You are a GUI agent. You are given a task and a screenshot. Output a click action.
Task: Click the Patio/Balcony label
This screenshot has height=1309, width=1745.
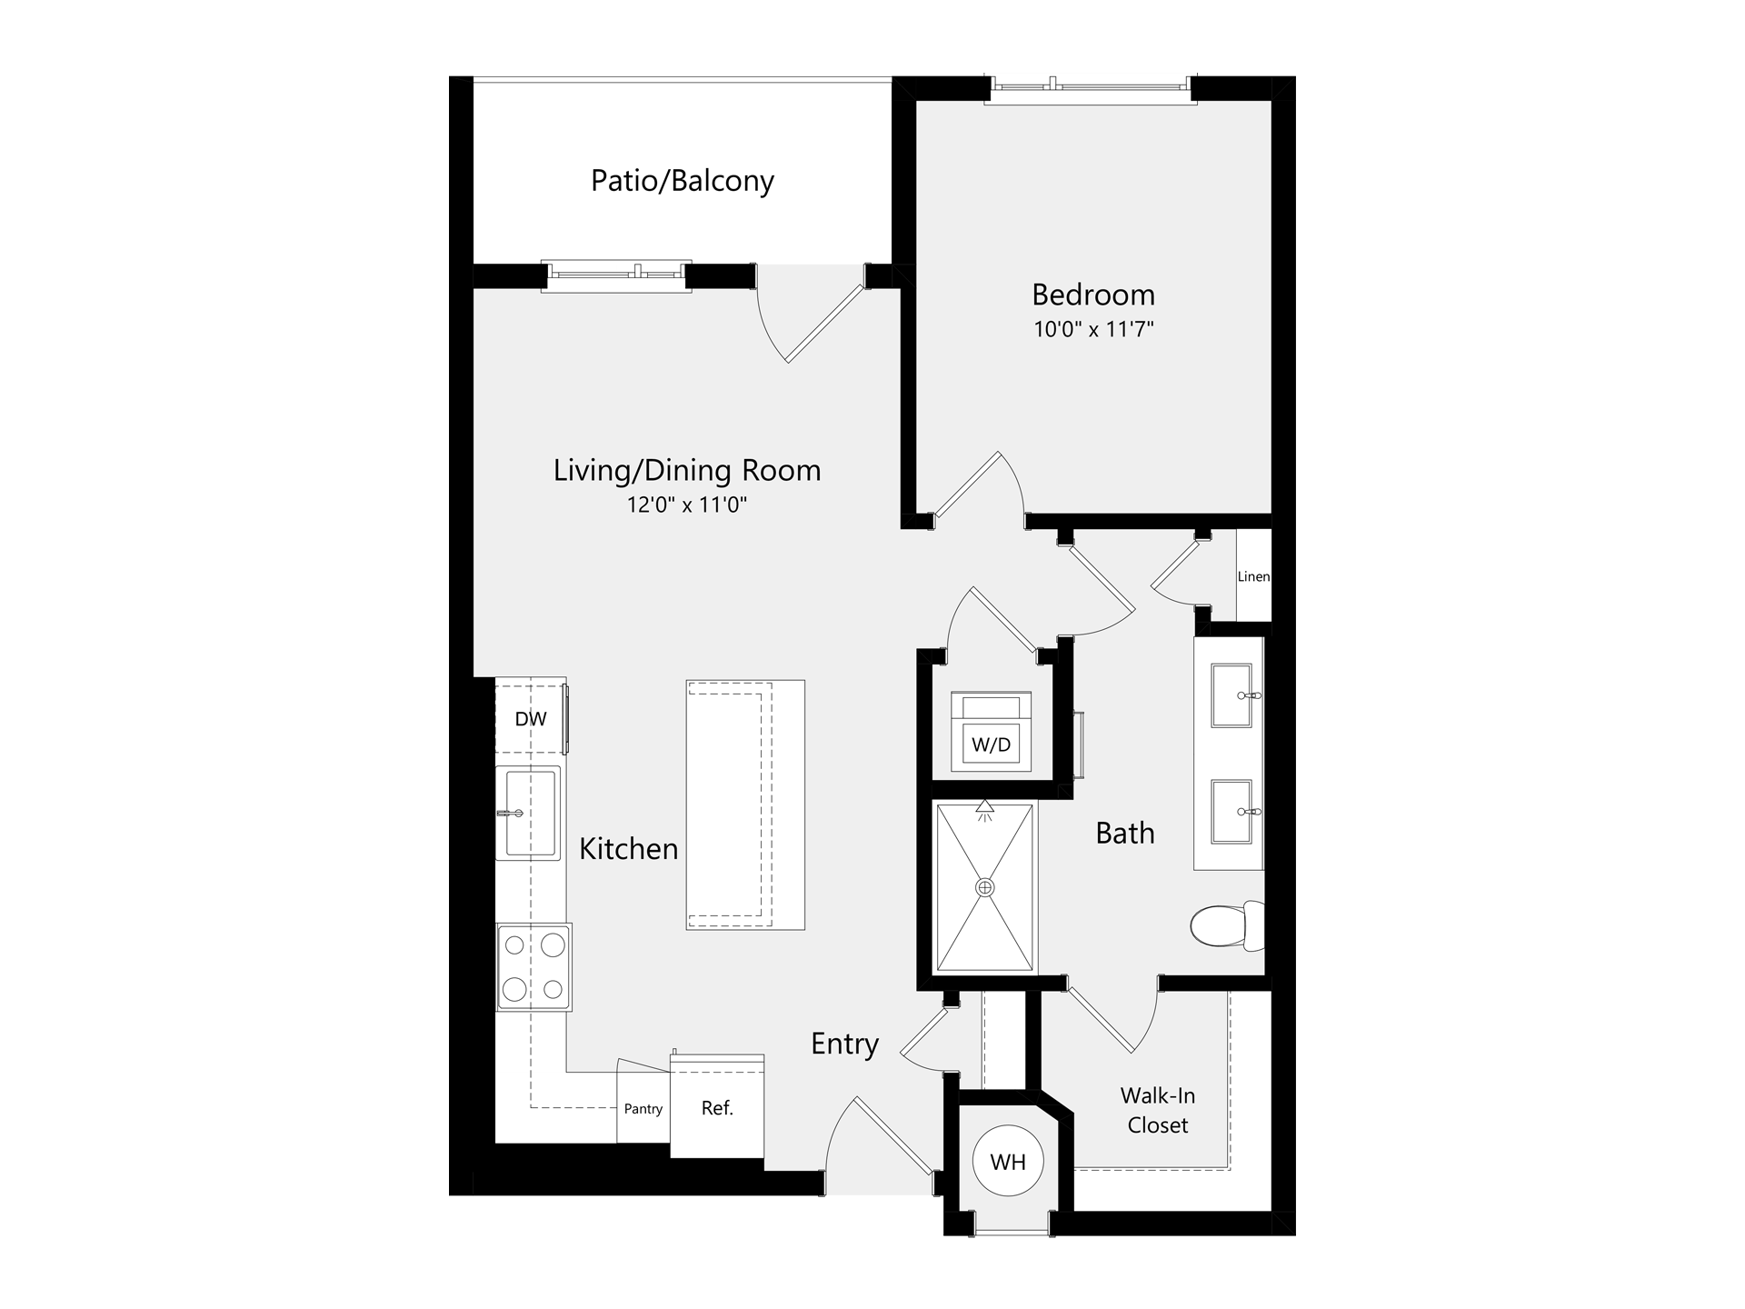[x=682, y=181]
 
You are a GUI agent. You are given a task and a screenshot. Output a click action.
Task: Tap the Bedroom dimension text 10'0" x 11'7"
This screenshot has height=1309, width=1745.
[x=1093, y=329]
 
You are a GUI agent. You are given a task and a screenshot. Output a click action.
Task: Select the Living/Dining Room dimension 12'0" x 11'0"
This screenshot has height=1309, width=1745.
[x=686, y=505]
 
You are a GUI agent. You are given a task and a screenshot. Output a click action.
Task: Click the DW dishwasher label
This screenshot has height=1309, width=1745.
[x=531, y=719]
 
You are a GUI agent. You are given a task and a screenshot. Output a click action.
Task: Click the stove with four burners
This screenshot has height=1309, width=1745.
[x=533, y=967]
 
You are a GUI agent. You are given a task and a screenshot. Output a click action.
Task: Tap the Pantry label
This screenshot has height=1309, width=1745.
[x=643, y=1109]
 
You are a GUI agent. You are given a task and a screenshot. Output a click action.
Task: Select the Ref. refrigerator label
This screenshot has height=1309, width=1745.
[x=717, y=1108]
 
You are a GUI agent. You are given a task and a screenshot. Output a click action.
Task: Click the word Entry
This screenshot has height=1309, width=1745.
[x=844, y=1044]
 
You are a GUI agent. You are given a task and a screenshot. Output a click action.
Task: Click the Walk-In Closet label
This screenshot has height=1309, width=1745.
[x=1158, y=1110]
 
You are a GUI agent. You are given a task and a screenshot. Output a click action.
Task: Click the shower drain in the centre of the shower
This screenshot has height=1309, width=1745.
[x=985, y=887]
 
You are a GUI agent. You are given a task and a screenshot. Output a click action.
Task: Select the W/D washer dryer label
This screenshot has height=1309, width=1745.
[x=991, y=745]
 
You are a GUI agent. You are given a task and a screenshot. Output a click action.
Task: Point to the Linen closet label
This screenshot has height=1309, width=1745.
[x=1253, y=576]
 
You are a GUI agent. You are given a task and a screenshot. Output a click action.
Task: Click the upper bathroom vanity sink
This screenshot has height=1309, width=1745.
[x=1233, y=695]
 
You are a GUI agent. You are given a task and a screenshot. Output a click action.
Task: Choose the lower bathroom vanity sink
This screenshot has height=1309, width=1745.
[x=1233, y=811]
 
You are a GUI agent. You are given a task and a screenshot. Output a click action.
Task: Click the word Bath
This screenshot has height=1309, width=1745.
[x=1125, y=833]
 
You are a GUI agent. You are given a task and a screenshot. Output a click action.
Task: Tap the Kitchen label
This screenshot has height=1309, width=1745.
[x=629, y=848]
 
